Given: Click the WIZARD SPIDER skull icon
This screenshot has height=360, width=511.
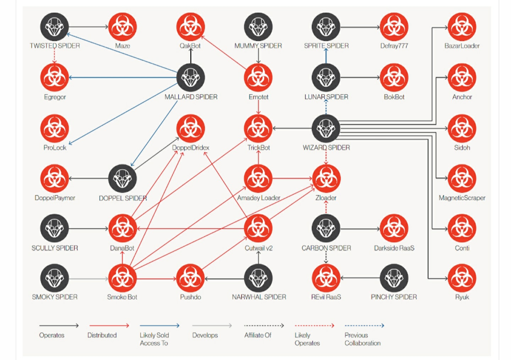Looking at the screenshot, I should click(x=326, y=128).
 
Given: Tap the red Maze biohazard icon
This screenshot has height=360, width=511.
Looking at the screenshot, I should click(x=122, y=27).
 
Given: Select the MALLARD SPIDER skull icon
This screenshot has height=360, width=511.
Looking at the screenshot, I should click(x=191, y=77).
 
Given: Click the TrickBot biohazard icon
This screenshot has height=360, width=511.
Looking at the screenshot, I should click(x=258, y=128).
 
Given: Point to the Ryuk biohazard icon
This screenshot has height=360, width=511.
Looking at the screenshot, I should click(x=462, y=278).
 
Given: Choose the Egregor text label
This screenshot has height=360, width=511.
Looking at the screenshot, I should click(x=55, y=97).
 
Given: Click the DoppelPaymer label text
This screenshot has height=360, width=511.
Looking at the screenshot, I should click(x=55, y=198).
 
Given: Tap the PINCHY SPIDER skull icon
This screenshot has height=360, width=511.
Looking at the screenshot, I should click(x=394, y=278).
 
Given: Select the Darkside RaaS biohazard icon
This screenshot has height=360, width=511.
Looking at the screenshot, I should click(x=394, y=228).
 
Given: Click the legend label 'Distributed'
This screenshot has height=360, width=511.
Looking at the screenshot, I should click(x=102, y=335).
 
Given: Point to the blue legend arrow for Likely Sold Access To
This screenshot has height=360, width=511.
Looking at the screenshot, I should click(x=159, y=325).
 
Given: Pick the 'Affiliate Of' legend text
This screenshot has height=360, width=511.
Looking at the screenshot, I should click(x=258, y=335).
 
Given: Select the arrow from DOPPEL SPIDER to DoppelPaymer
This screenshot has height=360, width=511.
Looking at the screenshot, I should click(x=88, y=179).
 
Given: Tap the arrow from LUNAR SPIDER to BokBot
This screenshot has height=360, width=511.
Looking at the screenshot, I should click(x=360, y=77).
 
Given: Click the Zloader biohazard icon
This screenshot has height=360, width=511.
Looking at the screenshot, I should click(x=326, y=179).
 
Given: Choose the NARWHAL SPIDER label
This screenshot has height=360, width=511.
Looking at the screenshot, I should click(x=259, y=297).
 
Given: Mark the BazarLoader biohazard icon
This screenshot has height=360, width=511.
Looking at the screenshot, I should click(x=462, y=27).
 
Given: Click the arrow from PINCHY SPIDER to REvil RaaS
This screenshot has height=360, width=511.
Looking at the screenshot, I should click(x=360, y=278).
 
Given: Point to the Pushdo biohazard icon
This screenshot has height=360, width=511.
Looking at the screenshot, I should click(x=191, y=278).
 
